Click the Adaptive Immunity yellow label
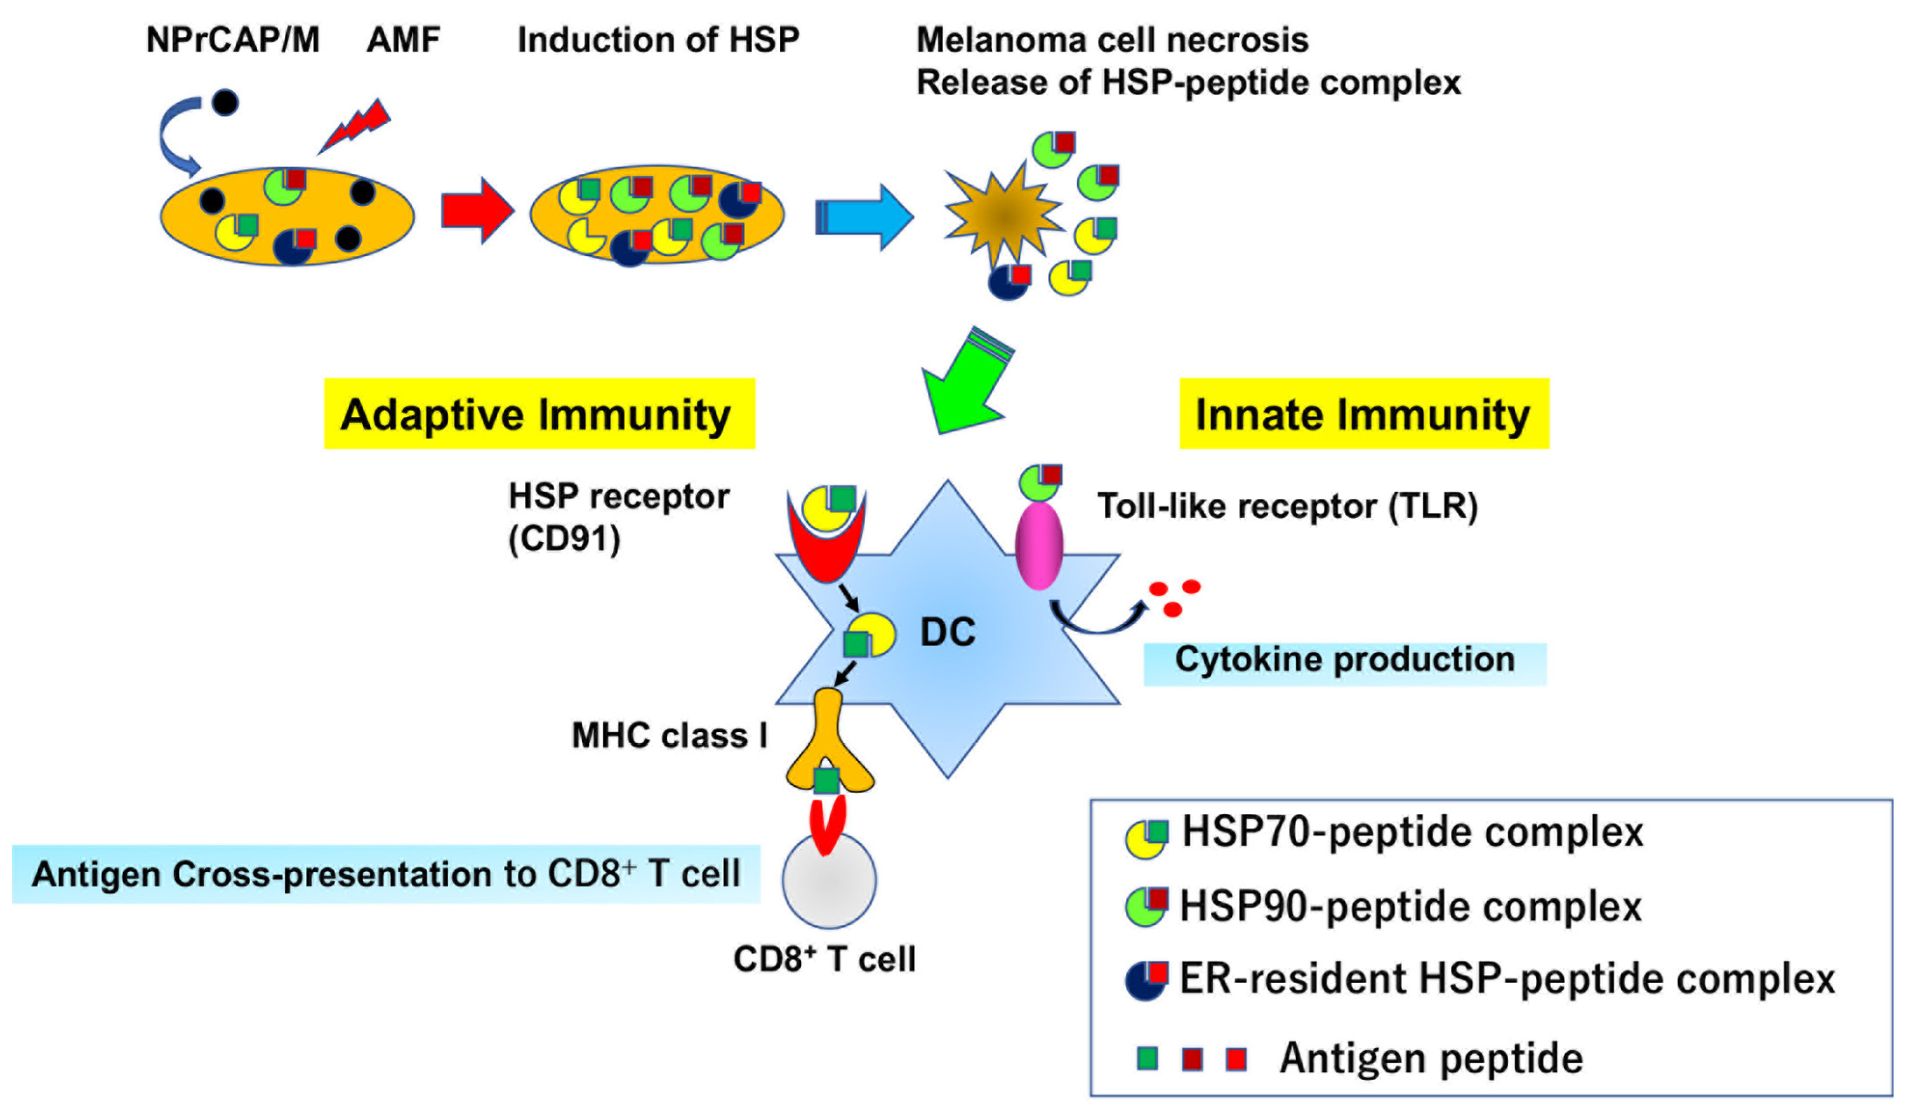click(x=540, y=414)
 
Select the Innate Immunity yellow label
click(x=1364, y=414)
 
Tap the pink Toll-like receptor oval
click(x=1039, y=545)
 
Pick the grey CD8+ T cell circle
click(x=829, y=881)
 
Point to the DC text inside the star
click(x=948, y=632)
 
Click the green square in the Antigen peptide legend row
click(x=1148, y=1058)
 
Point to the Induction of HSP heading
click(x=658, y=40)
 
